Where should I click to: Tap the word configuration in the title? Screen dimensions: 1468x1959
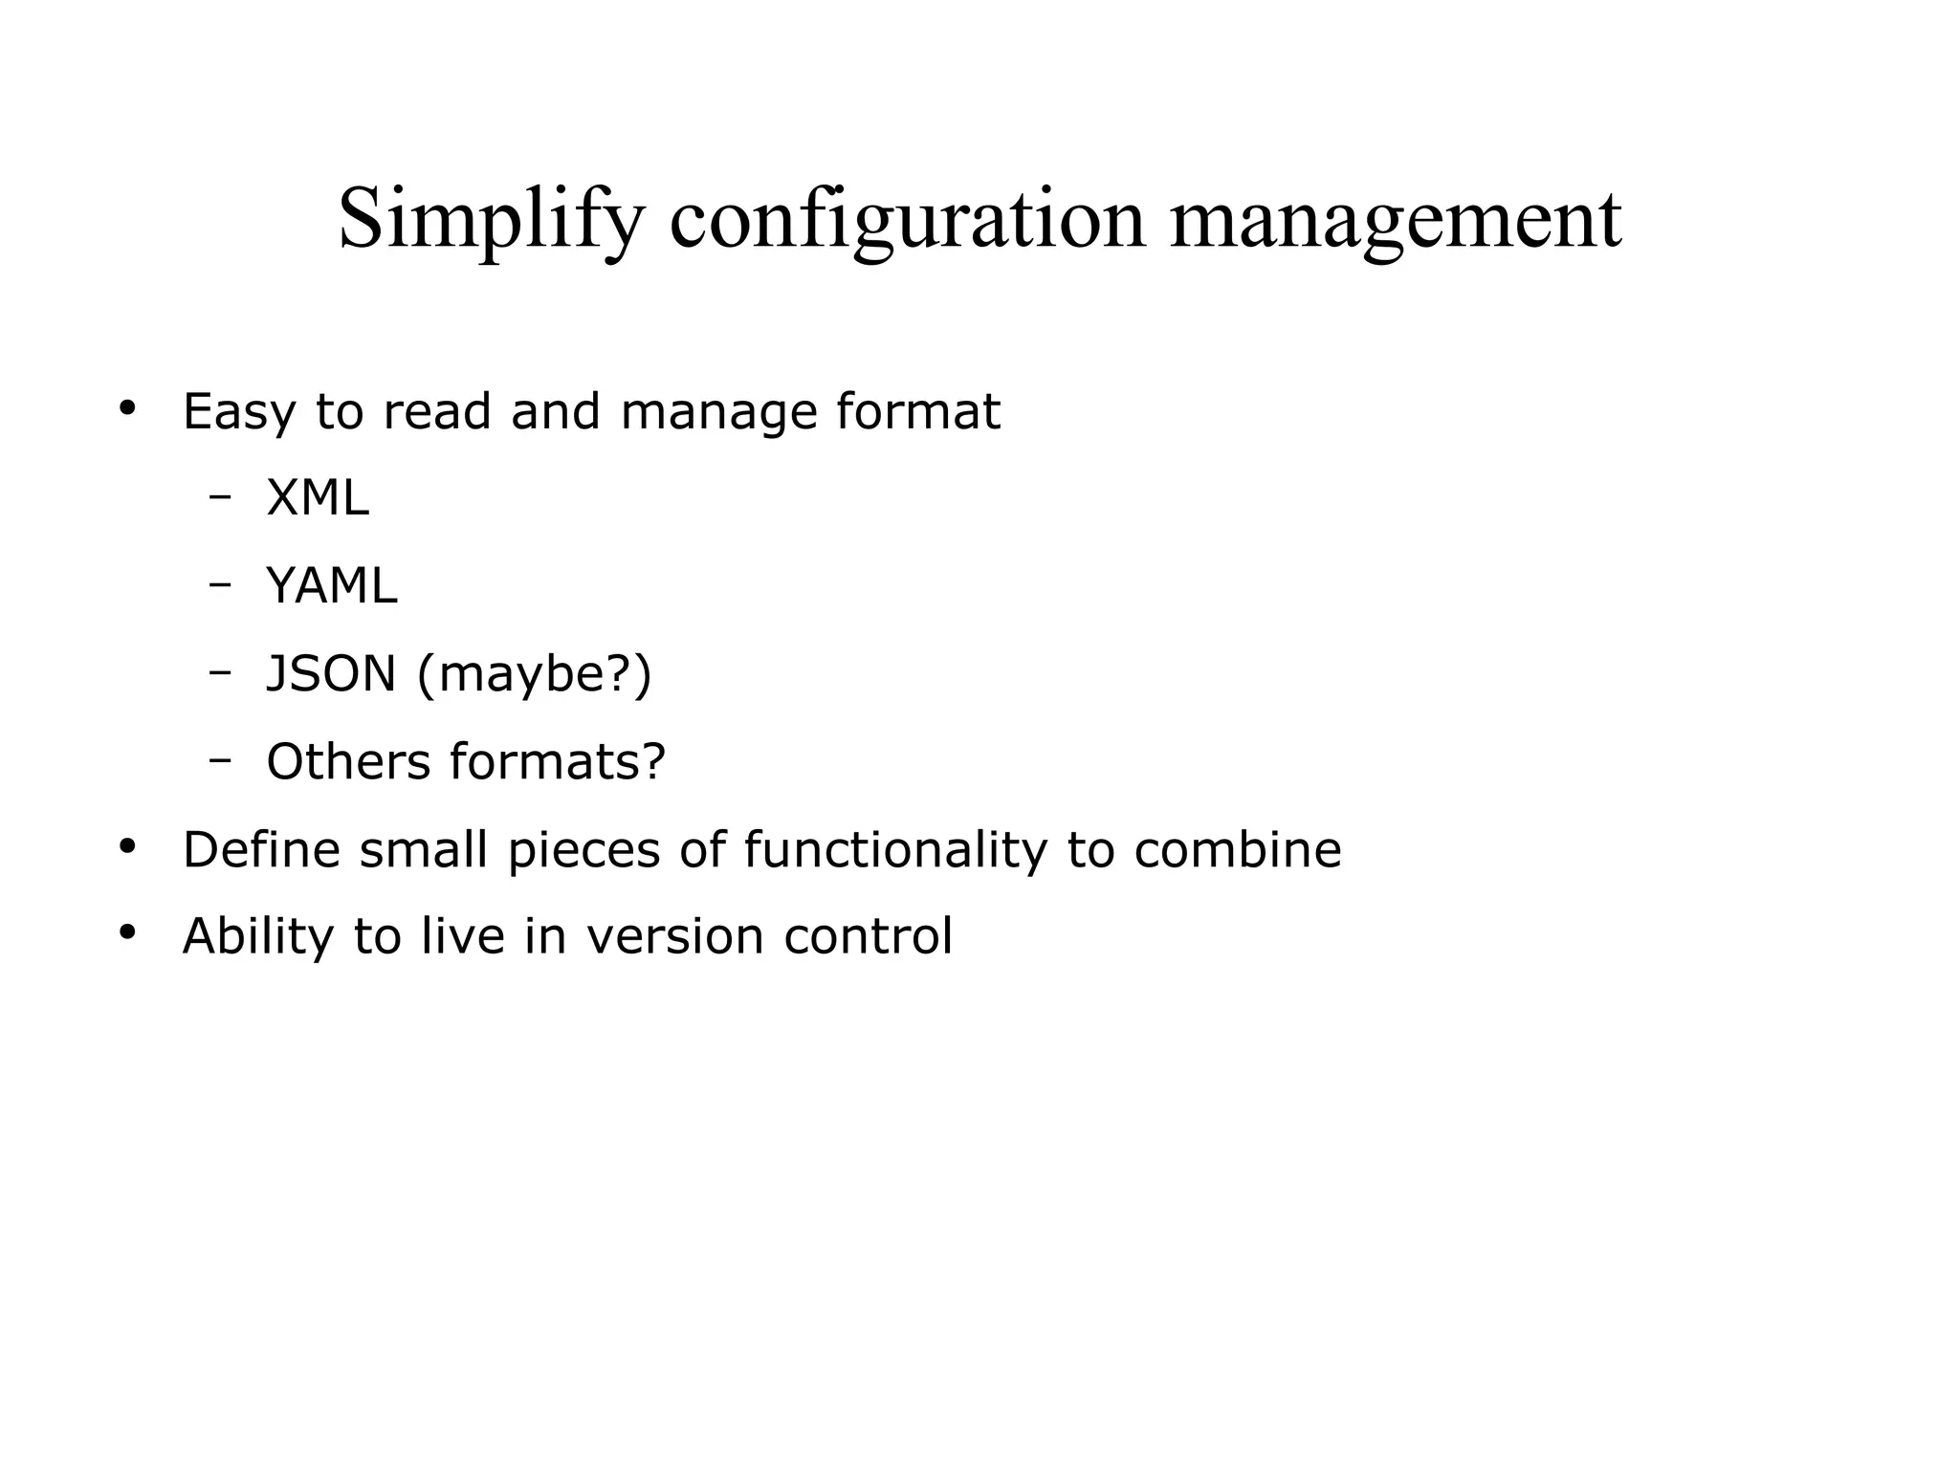907,221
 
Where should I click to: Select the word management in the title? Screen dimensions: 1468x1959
1396,221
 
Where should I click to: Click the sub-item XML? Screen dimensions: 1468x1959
317,498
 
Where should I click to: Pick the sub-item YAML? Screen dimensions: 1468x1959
331,586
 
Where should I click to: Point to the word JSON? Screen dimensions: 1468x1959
331,673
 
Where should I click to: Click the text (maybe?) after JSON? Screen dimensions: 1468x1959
535,673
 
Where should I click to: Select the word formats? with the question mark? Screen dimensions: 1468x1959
558,761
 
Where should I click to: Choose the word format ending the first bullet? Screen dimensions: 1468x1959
917,412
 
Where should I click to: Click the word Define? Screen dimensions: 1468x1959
261,849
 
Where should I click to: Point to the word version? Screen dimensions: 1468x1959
674,936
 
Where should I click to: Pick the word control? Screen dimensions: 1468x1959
868,936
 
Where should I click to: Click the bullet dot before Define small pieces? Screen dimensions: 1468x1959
127,846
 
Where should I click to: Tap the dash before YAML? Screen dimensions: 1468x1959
221,584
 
